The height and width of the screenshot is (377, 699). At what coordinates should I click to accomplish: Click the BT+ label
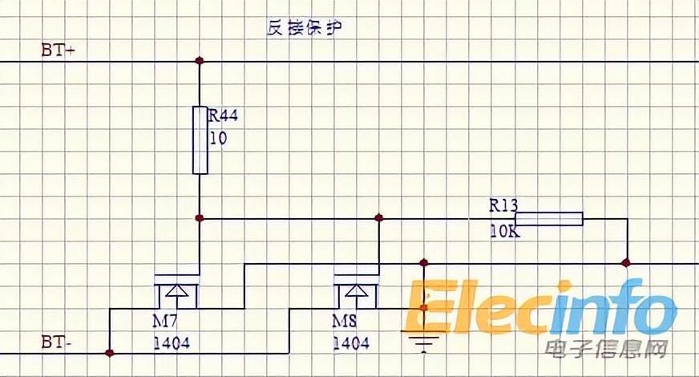(58, 49)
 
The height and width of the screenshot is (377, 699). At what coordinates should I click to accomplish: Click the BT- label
(56, 343)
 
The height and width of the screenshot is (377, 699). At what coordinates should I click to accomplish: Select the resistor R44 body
(200, 139)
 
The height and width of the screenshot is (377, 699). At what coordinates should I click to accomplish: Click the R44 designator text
(224, 116)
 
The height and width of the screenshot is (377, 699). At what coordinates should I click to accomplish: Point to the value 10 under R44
(218, 138)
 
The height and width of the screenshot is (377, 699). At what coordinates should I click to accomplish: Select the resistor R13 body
(548, 218)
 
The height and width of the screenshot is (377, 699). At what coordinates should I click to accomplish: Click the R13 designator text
(504, 205)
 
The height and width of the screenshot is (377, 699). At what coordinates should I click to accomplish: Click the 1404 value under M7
(172, 343)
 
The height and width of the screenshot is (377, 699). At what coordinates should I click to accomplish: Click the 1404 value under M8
(351, 343)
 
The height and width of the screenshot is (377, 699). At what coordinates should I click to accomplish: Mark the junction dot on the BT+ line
(200, 61)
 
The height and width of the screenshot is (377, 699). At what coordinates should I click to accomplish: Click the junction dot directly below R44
(200, 217)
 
